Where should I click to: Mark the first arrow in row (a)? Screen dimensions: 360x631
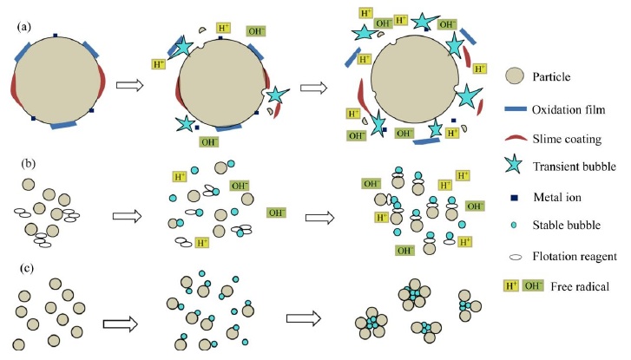tap(129, 86)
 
